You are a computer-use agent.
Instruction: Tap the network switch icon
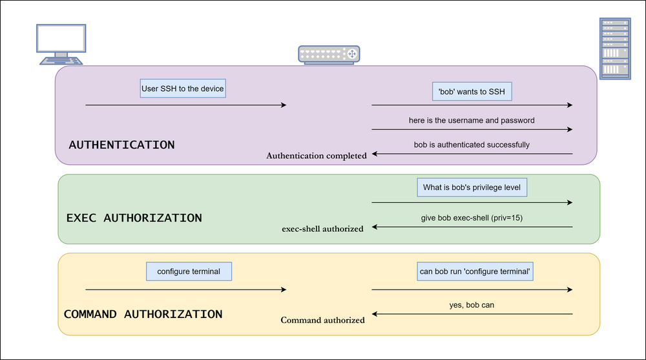point(329,54)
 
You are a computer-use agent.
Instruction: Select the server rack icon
point(614,49)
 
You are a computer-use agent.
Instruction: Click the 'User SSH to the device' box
point(183,89)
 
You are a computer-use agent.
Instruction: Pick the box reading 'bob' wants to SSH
point(472,92)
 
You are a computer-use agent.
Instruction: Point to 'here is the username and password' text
point(472,120)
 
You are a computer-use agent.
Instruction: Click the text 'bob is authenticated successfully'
point(472,145)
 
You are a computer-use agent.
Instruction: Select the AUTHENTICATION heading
point(121,145)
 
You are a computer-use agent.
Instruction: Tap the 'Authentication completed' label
point(317,156)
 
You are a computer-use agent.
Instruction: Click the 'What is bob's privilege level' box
point(472,187)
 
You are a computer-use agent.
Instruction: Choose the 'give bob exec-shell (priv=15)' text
point(472,218)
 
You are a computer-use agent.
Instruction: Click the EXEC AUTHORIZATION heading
point(134,218)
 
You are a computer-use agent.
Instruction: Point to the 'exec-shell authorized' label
point(322,229)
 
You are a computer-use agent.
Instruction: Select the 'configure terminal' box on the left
point(189,271)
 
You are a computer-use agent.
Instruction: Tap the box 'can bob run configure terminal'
point(475,271)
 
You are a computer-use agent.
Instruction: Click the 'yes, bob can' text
point(472,304)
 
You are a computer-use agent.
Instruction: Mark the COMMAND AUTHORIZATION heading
point(143,315)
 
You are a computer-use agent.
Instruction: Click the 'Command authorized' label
point(322,320)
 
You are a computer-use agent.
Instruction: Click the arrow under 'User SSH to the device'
point(185,105)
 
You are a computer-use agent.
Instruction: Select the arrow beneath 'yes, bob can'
point(472,314)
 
